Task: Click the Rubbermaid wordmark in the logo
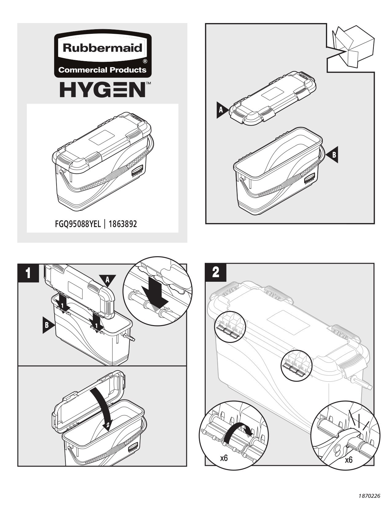tap(103, 48)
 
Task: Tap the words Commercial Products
tap(102, 70)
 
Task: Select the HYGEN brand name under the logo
tap(103, 89)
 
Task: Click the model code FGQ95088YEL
tap(78, 224)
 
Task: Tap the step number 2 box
tap(216, 272)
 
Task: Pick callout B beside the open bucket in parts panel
tap(333, 155)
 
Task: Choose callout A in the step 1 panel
tap(108, 280)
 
